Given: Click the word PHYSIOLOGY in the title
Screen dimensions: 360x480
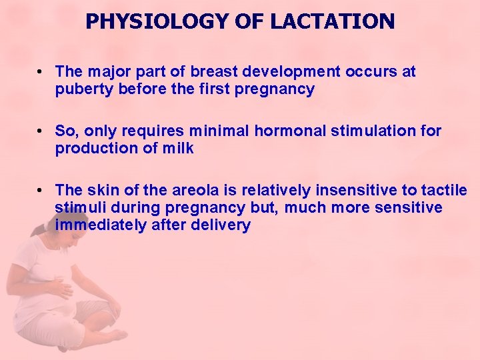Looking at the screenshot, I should (157, 21).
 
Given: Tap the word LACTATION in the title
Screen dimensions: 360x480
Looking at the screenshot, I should (331, 21).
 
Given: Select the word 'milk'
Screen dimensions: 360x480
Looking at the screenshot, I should (179, 149).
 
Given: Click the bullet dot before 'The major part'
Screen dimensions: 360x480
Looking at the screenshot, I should (41, 71).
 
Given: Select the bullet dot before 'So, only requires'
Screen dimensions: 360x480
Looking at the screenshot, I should (41, 131).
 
